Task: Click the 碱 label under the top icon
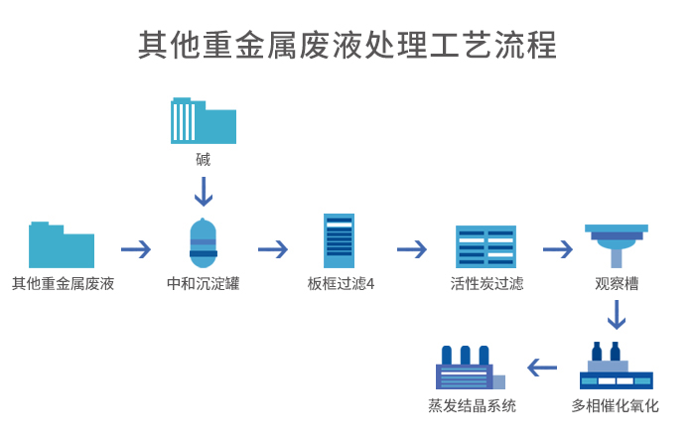(203, 159)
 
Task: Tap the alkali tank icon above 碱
(203, 121)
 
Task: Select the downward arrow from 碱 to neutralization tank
(203, 192)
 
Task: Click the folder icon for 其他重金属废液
(62, 244)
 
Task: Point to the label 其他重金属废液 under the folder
(63, 284)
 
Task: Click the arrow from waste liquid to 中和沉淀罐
(136, 248)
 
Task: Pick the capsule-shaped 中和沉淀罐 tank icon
(203, 244)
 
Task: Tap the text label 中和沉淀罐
(203, 284)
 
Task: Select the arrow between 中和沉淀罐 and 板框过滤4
(273, 248)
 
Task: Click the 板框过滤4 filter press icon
(339, 241)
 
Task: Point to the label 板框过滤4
(341, 284)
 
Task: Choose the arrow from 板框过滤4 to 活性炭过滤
(411, 248)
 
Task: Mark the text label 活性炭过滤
(486, 284)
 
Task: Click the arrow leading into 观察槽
(558, 248)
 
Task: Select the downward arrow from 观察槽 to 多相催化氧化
(617, 315)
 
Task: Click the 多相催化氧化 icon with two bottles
(616, 368)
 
